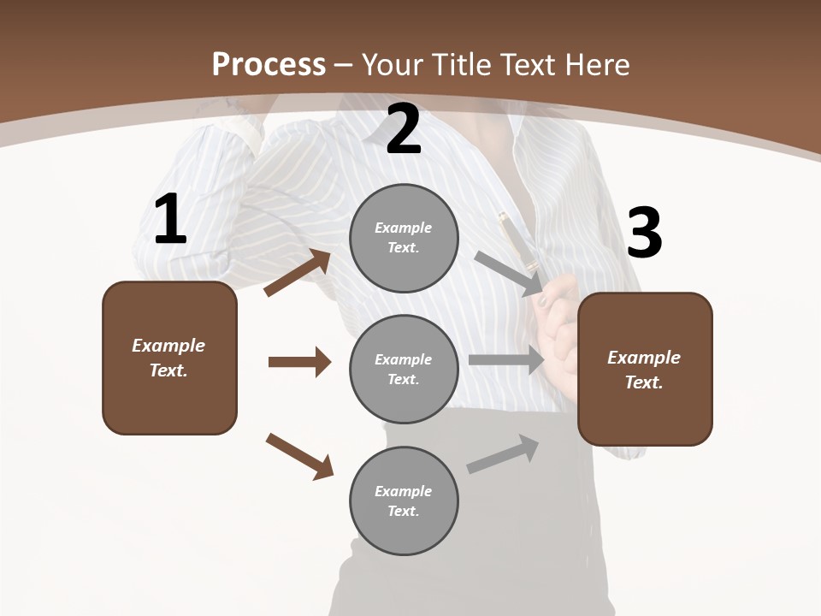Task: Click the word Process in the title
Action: [269, 65]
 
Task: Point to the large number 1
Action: [170, 220]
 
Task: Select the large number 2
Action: [404, 129]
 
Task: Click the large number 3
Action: [644, 234]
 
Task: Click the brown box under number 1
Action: [169, 358]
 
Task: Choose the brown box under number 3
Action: [645, 369]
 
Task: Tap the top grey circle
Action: [404, 238]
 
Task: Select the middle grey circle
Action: [404, 369]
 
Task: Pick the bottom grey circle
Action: [404, 500]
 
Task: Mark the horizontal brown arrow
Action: [299, 362]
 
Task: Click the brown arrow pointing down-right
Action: [299, 456]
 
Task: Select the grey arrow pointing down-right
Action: [508, 273]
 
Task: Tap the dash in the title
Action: [344, 65]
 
